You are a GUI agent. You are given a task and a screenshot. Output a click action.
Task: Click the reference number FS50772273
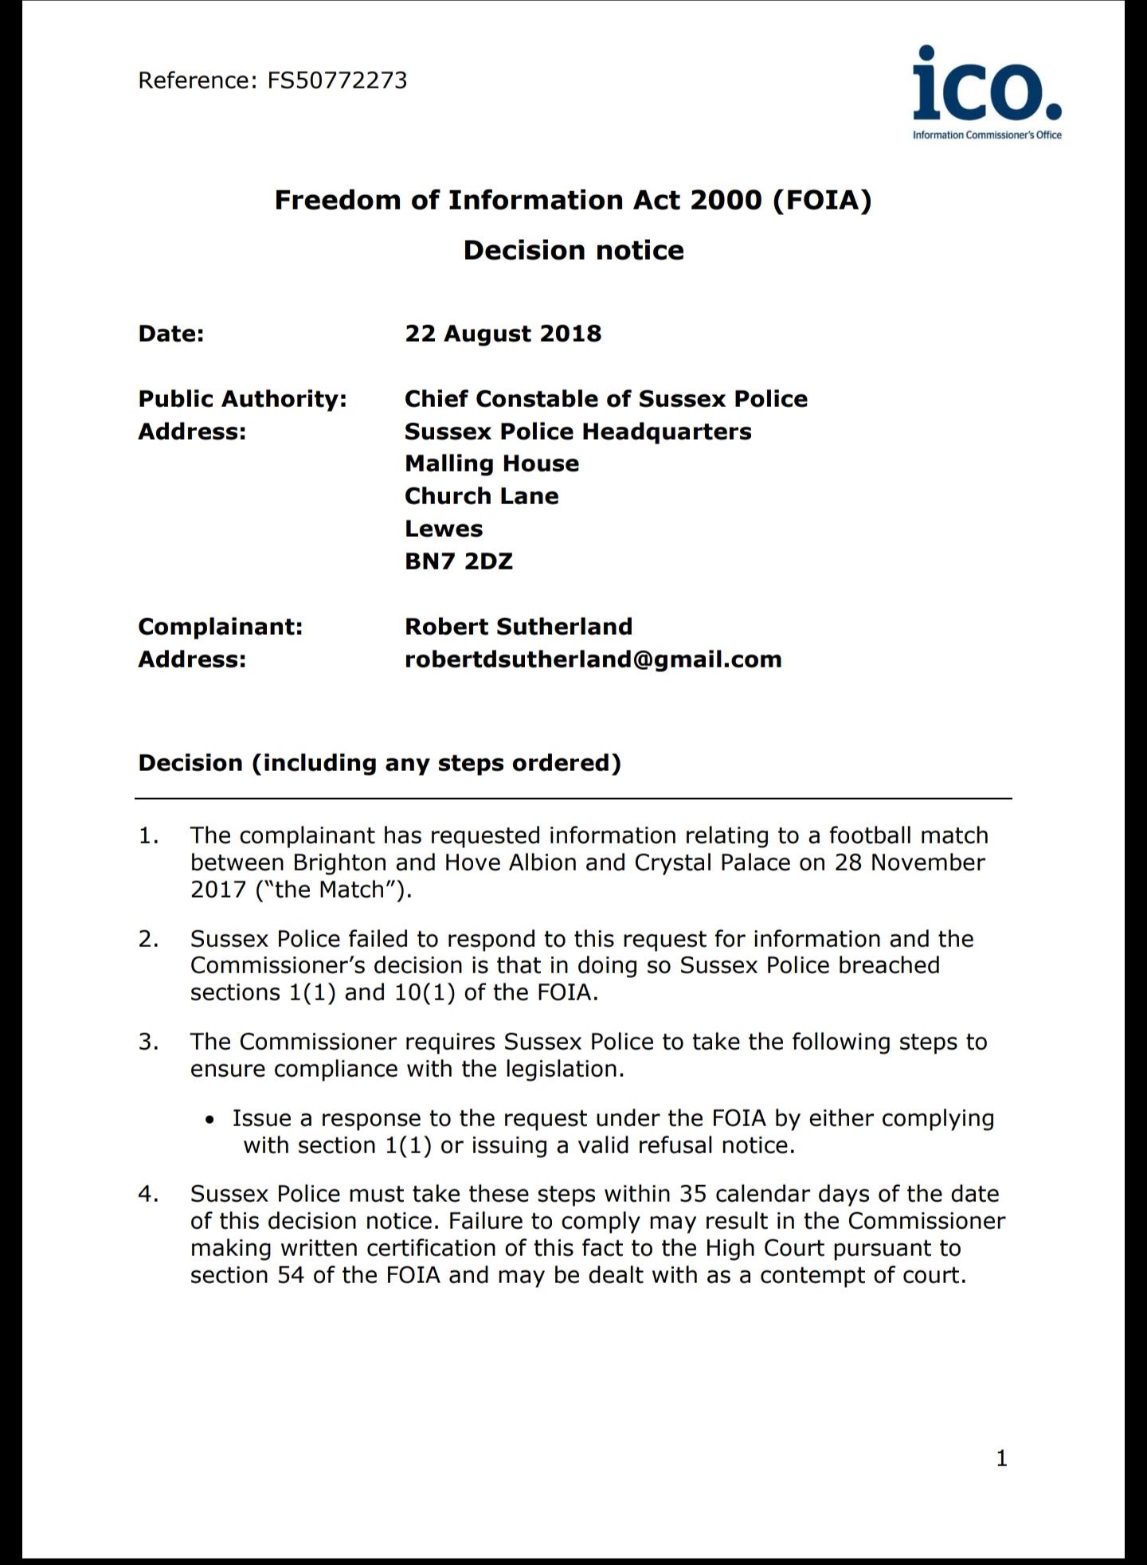tap(337, 80)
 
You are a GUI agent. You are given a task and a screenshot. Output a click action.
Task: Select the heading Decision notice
tap(573, 250)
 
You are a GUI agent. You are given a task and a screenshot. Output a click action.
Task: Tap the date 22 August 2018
tap(503, 333)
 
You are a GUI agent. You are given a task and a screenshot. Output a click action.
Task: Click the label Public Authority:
tap(242, 398)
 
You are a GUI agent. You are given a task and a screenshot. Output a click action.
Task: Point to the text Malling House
tap(491, 464)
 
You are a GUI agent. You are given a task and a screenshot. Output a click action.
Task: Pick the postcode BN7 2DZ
tap(459, 561)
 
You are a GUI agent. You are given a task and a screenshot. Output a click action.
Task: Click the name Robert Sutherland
tap(519, 626)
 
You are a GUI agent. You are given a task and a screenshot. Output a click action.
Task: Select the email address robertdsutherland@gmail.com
tap(593, 659)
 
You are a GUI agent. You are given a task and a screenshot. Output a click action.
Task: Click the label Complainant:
tap(221, 626)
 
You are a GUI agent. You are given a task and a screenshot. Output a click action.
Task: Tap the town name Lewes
tap(444, 528)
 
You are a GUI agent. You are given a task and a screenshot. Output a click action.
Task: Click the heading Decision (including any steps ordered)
tap(379, 762)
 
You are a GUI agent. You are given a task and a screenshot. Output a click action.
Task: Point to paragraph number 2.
tap(148, 939)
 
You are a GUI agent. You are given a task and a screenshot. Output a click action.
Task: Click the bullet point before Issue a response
tap(209, 1120)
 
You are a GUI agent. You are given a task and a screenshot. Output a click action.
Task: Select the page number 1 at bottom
tap(1002, 1458)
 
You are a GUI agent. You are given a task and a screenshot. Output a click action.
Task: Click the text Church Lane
tap(481, 495)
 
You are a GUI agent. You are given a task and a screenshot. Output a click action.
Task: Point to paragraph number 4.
tap(148, 1194)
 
